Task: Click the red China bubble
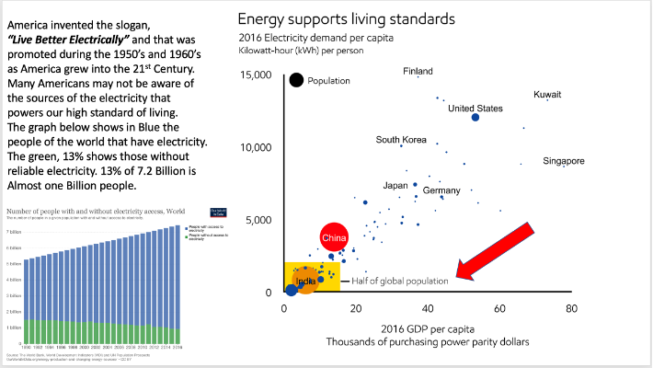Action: coord(333,238)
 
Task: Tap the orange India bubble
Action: coord(305,280)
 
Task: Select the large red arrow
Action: coord(498,248)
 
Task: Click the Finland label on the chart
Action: coord(418,72)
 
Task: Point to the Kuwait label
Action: coord(547,95)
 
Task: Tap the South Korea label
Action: coord(401,140)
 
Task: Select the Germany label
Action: coord(441,190)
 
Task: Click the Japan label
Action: coord(395,185)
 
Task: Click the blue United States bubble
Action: coord(475,117)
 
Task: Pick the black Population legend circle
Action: coord(296,80)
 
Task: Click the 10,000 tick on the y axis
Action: coord(257,146)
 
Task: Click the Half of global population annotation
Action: coord(401,280)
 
